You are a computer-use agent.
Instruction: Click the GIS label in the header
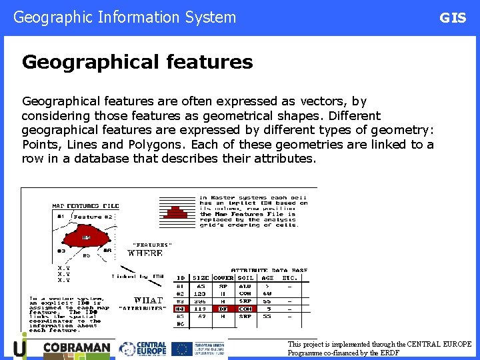pos(453,18)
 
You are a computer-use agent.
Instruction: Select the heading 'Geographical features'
pos(137,62)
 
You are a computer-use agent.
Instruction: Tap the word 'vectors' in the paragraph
pos(323,101)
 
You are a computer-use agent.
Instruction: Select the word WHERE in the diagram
pos(145,253)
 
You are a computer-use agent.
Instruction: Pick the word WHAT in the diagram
pos(147,300)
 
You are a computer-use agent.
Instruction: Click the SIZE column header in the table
pos(200,277)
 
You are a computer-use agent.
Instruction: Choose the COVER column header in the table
pos(223,277)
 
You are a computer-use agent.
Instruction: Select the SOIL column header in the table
pos(245,277)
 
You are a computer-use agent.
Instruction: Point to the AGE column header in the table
pos(267,277)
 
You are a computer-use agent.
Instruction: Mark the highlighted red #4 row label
pos(180,309)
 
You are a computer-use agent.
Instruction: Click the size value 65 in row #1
pos(201,285)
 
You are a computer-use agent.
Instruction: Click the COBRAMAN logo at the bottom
pos(75,348)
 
